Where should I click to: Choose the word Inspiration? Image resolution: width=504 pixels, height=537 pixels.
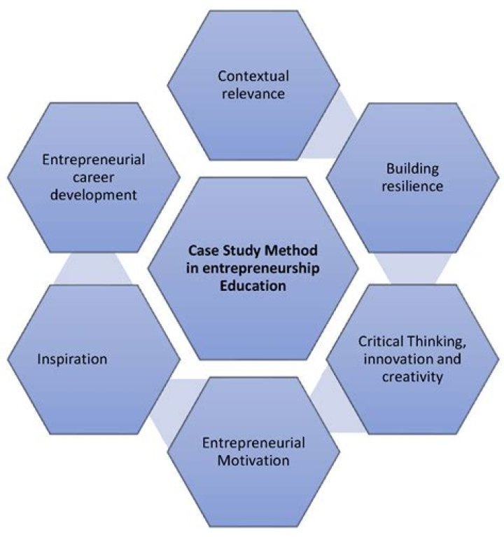click(x=73, y=360)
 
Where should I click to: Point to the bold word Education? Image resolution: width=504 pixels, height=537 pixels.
click(x=251, y=285)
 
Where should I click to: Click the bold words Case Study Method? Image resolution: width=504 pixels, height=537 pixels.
click(x=251, y=249)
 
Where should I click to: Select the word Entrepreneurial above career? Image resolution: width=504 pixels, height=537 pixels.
click(x=93, y=159)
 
